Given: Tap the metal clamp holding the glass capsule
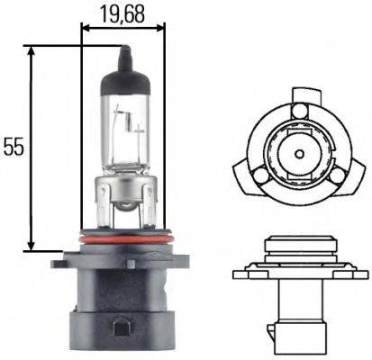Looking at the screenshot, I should click(x=125, y=193).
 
